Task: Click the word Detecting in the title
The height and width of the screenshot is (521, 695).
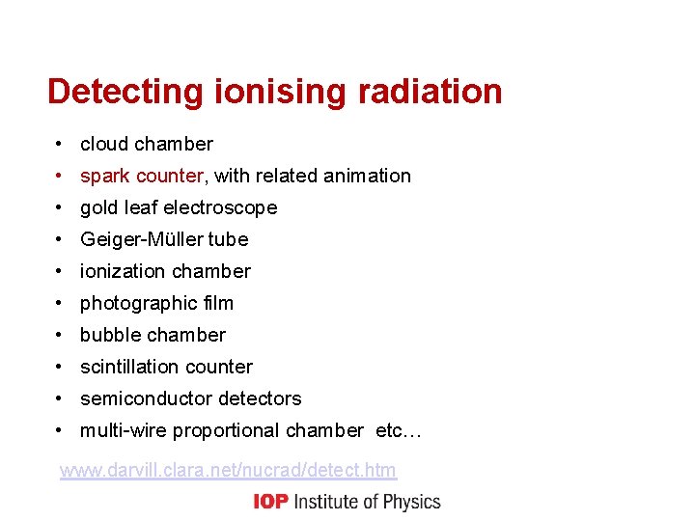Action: click(x=125, y=93)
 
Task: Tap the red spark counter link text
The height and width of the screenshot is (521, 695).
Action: click(x=142, y=176)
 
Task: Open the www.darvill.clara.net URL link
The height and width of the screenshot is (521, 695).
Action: click(x=228, y=471)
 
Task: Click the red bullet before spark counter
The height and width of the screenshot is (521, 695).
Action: click(x=60, y=176)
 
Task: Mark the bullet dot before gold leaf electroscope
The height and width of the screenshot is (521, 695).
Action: click(x=60, y=207)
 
